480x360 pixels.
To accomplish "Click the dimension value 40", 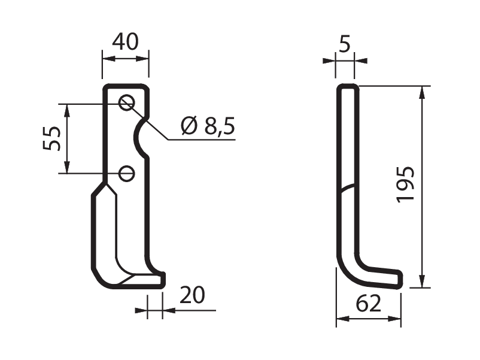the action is tap(125, 42).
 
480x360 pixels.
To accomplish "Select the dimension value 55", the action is tap(51, 138).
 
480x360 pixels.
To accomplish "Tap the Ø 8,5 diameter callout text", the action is tap(208, 126).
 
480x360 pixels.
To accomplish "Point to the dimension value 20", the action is tap(192, 295).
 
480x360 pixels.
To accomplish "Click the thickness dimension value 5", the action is tap(345, 44).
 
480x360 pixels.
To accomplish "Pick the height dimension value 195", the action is tap(405, 184).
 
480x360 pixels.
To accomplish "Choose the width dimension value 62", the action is tap(368, 304).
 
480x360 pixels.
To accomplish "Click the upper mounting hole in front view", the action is tap(126, 102).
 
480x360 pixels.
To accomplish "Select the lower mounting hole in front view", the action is tap(126, 174).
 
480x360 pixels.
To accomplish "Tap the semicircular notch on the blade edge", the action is tap(136, 137).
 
